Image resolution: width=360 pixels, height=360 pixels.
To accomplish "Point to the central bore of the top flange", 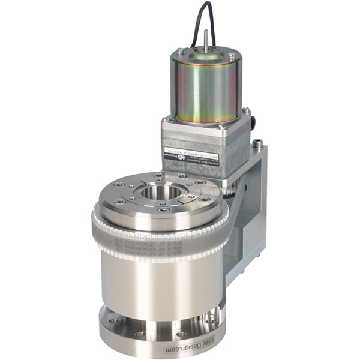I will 157,193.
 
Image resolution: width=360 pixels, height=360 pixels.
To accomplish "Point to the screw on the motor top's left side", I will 179,54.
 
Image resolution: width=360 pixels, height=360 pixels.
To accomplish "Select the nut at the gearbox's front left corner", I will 166,120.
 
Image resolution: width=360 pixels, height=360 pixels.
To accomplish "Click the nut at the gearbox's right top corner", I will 245,111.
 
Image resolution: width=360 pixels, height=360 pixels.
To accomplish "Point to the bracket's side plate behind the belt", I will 240,240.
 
